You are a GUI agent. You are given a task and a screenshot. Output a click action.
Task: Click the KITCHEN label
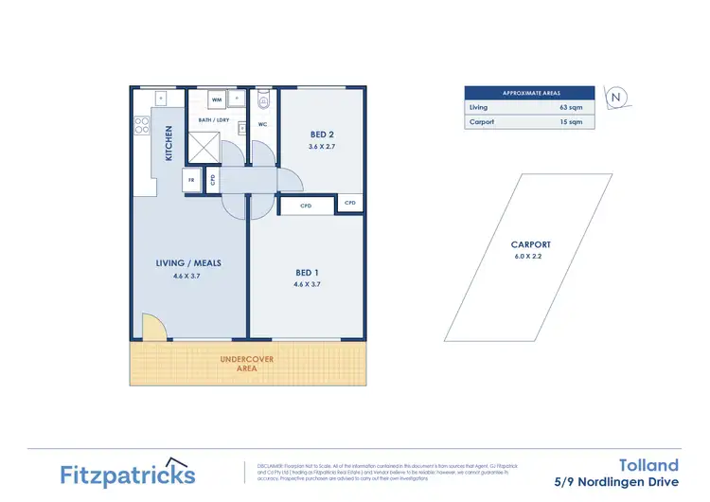click(169, 144)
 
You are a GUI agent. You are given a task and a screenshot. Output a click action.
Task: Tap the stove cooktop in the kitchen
click(142, 123)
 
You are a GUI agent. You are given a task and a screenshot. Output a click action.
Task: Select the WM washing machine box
click(217, 99)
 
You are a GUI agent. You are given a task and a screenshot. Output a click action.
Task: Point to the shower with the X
click(204, 147)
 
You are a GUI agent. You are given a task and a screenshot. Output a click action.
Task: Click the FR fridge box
click(192, 179)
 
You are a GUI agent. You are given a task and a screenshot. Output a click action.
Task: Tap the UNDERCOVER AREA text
click(247, 364)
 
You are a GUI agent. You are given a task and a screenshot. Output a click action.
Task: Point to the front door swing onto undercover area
click(152, 328)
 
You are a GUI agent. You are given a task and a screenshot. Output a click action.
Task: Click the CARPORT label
click(530, 244)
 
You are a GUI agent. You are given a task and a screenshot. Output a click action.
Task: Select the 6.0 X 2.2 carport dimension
click(530, 257)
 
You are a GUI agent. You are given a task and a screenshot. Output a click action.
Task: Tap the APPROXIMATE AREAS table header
click(529, 93)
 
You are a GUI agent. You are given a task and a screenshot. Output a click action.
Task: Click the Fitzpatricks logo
click(128, 474)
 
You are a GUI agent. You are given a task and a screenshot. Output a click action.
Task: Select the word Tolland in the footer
click(648, 464)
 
